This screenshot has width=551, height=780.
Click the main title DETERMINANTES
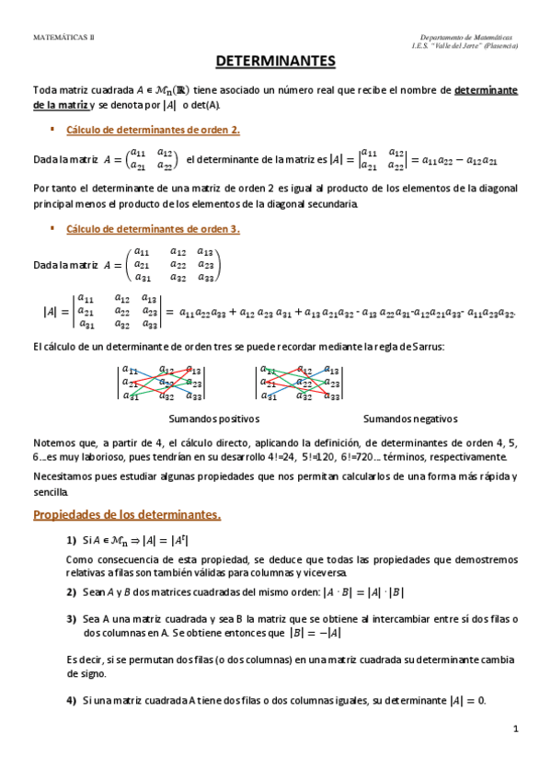[x=275, y=62]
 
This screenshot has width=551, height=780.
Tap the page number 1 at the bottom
[x=515, y=729]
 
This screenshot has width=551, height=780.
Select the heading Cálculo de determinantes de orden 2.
[x=154, y=130]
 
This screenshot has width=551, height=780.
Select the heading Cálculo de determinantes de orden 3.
[x=154, y=228]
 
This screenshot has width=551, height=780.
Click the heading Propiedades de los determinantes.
[x=127, y=513]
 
